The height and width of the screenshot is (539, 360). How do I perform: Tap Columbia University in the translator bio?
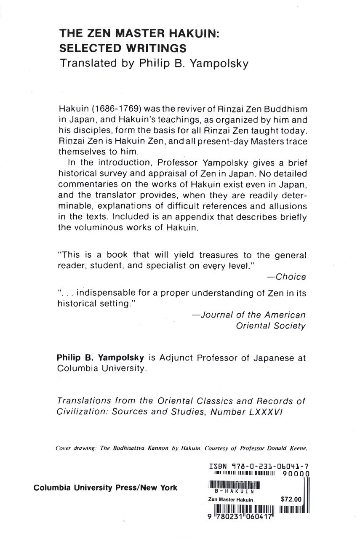101,369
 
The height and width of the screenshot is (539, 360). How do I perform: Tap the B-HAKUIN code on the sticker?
233,491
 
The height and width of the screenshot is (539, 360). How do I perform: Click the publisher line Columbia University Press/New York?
105,488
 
